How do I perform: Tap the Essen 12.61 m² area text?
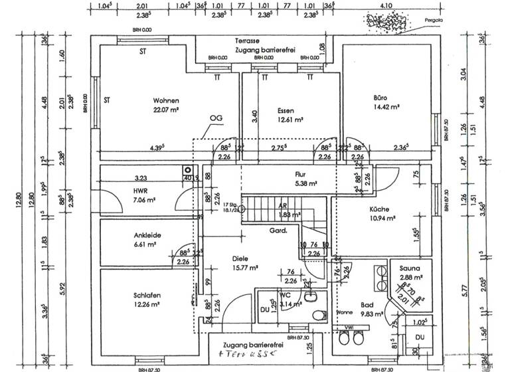[290, 120]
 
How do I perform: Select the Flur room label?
[303, 174]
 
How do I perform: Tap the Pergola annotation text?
[433, 20]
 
